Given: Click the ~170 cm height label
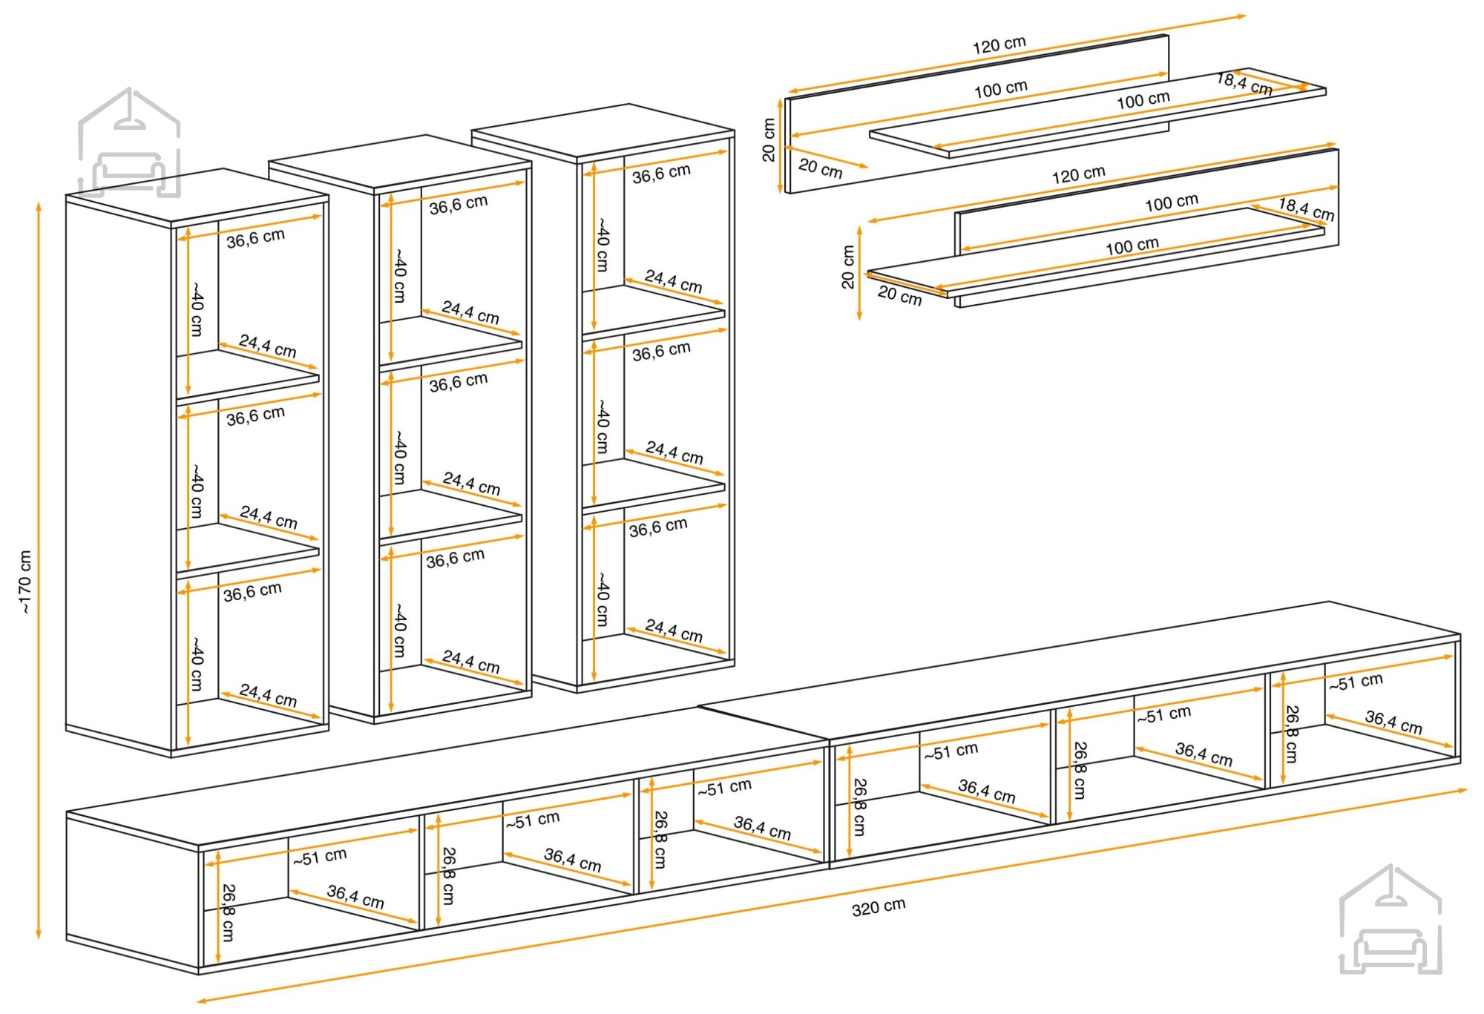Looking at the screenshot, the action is coord(25,582).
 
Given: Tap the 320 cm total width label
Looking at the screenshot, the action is coord(879,907).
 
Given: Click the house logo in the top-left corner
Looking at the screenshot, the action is coord(129,142).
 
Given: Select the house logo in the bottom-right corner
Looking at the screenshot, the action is coord(1391,920).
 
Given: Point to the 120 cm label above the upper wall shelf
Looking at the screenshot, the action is coord(999,45).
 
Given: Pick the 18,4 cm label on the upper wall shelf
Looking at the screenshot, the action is coord(1244,84).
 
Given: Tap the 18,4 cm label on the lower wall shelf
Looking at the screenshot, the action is coord(1306,209).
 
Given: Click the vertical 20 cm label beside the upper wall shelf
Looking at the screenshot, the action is coord(769,140).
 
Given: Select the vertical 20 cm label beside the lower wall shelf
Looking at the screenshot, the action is coord(848,267).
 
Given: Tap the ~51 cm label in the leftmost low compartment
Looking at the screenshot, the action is coord(320,857).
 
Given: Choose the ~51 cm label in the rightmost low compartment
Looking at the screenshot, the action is coord(1356,682).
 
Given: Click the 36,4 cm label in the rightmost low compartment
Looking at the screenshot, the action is coord(1393,722).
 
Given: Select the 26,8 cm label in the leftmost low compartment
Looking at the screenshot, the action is coord(228,912).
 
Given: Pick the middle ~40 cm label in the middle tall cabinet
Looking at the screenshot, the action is coord(399,457).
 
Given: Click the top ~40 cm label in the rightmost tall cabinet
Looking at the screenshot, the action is coord(603,244).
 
